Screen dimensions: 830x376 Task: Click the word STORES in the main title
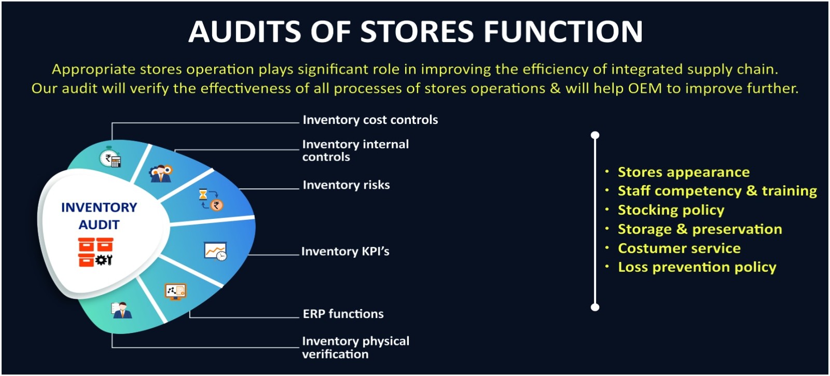click(417, 31)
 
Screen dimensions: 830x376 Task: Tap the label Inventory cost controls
click(370, 120)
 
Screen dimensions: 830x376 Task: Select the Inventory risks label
click(346, 185)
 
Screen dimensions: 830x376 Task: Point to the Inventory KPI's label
click(345, 251)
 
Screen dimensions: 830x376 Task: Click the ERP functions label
click(343, 314)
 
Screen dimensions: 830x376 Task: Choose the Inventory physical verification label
click(356, 347)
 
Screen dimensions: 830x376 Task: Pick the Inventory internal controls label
click(355, 150)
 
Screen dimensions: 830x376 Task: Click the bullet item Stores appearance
click(684, 172)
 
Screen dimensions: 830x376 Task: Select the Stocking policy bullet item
click(671, 210)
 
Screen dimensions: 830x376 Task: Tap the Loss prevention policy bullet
click(697, 267)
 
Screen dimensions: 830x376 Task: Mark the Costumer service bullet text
click(679, 248)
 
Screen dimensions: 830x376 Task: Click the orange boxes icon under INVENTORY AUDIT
click(95, 252)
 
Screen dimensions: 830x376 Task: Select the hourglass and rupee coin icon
click(211, 200)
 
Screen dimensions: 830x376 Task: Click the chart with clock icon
click(215, 252)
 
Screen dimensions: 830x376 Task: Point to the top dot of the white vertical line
click(595, 135)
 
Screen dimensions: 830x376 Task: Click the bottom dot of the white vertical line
click(595, 307)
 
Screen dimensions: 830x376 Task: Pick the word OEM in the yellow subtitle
click(645, 89)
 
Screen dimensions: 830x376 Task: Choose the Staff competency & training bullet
click(717, 191)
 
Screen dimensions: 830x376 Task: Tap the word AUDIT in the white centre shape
click(99, 225)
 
